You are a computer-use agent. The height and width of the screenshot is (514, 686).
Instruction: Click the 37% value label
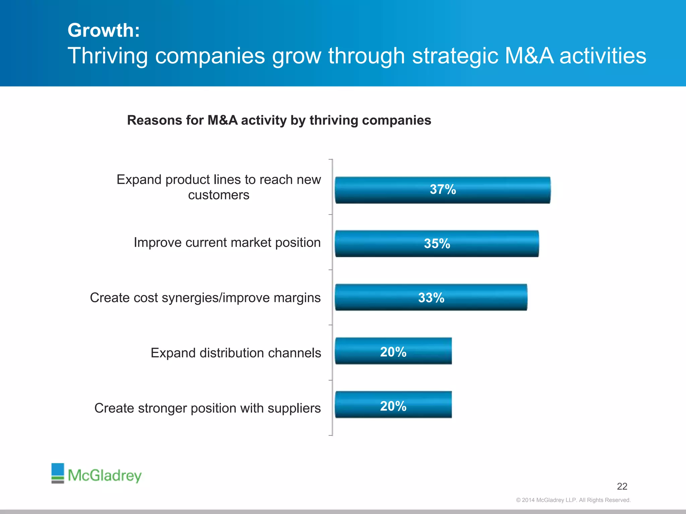point(443,189)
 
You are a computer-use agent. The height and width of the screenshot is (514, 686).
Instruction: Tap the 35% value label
point(437,244)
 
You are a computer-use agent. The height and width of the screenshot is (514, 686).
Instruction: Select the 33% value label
point(431,298)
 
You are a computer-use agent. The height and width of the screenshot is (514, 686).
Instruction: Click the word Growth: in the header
point(104,30)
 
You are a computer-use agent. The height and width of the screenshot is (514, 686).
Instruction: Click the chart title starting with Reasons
point(279,120)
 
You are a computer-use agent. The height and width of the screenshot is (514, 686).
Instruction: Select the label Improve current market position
point(227,242)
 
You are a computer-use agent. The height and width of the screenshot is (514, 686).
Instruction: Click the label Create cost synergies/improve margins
point(205,297)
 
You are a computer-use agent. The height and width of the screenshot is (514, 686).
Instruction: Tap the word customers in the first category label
point(218,195)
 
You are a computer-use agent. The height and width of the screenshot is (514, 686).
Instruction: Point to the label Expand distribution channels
point(235,353)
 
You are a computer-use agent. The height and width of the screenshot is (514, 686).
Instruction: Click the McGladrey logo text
point(105,475)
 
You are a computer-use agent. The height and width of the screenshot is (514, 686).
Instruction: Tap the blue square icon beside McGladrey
point(58,470)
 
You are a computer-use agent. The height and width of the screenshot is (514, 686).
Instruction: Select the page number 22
point(622,486)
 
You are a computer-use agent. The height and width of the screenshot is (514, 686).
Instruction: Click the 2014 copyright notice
point(573,500)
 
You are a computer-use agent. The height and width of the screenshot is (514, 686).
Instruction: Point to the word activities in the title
point(603,56)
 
